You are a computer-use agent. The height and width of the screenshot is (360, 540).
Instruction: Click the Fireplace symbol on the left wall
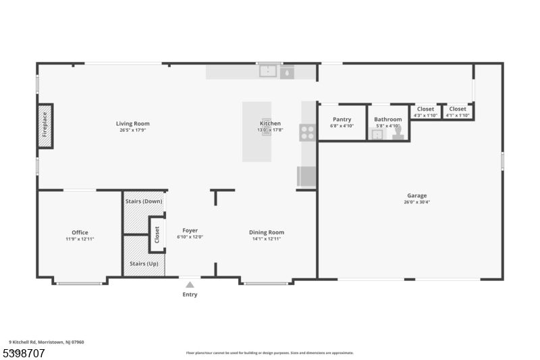45,126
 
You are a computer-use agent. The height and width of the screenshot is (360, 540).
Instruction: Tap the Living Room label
132,124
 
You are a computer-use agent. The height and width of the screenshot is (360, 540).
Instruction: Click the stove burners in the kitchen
307,132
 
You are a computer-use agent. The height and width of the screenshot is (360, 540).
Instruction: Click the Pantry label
342,120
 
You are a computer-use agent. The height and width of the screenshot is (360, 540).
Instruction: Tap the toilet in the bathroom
398,134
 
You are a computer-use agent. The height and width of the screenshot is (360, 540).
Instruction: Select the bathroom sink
377,134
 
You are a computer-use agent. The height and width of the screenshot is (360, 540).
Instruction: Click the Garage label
416,195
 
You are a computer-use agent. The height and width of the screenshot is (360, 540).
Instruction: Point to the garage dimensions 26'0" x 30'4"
416,202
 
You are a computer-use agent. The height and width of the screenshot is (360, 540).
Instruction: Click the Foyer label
190,230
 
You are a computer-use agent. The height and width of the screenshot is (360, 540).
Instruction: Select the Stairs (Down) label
143,201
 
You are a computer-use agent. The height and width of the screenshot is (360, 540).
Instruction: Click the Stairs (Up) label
143,263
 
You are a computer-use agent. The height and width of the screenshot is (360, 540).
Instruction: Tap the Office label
80,232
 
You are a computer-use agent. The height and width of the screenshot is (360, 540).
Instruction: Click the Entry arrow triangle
190,285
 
